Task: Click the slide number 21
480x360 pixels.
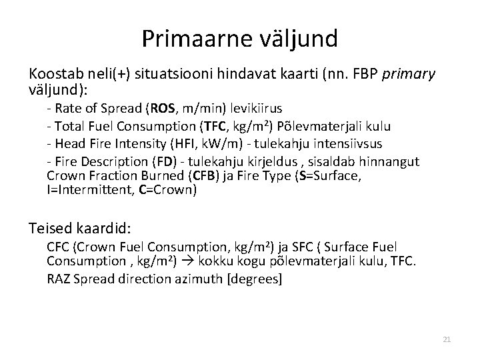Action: [447, 340]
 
